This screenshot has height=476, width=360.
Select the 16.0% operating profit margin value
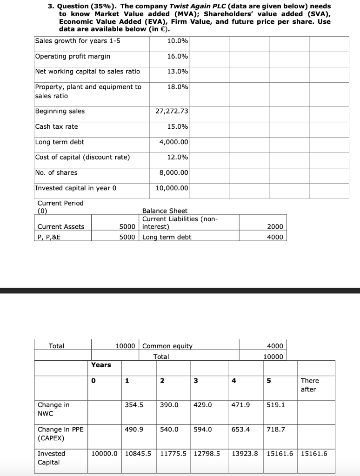point(178,56)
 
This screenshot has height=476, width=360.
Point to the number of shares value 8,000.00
point(174,172)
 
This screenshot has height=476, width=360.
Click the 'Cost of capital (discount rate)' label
point(82,157)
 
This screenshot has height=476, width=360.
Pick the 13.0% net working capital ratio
point(178,72)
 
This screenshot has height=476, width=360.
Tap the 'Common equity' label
point(167,346)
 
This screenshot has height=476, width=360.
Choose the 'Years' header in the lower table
point(101,365)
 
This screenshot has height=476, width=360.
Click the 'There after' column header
point(310,385)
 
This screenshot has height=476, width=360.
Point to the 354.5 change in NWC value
point(134,405)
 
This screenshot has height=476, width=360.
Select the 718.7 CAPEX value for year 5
point(275,430)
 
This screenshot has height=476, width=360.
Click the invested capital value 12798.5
point(207,454)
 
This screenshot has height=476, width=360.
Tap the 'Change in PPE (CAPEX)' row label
point(60,434)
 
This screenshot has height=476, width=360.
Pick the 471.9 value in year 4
point(240,405)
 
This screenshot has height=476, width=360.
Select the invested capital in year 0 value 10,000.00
point(172,188)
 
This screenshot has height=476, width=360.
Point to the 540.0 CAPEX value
point(169,430)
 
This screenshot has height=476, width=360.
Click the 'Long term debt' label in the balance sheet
point(167,237)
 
